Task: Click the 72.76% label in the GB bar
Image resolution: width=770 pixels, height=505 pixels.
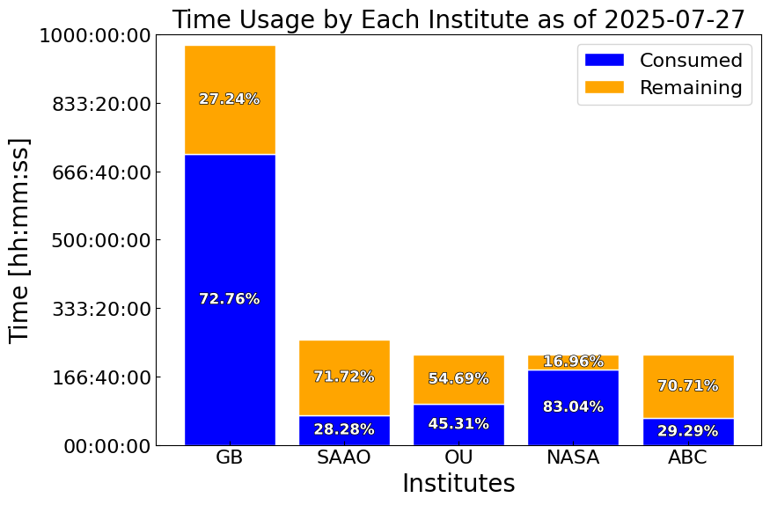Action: point(230,299)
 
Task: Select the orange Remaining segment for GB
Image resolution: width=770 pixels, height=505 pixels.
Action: point(230,100)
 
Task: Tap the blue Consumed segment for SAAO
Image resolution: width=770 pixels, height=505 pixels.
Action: point(344,430)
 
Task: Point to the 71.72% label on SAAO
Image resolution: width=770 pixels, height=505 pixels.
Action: point(344,377)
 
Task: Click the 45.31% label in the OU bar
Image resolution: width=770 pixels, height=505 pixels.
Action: point(458,423)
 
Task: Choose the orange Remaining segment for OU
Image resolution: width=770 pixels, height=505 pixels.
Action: point(458,380)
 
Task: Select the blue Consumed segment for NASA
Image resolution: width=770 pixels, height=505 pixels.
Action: point(573,408)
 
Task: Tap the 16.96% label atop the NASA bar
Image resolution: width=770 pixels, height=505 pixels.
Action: point(573,362)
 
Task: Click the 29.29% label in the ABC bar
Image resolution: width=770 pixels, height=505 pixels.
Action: point(688,431)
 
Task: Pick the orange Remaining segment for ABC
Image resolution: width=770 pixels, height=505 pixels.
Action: point(688,387)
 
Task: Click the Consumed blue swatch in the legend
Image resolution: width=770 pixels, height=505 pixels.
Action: point(605,60)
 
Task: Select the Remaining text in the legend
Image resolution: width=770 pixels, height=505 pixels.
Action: point(691,87)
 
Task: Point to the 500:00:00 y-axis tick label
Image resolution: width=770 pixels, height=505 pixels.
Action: point(101,241)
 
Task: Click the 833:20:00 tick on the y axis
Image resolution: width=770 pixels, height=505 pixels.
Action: point(101,104)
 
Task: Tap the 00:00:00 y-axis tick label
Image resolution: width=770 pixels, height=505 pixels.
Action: point(107,447)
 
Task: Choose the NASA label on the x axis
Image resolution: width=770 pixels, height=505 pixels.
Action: point(573,457)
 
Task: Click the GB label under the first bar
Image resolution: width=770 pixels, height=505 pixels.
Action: point(230,457)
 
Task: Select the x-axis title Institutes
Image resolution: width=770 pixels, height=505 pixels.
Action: point(458,483)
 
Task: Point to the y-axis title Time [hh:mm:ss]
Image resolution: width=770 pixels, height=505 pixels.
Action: point(19,240)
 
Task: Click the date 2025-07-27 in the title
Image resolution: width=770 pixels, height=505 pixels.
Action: point(674,20)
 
